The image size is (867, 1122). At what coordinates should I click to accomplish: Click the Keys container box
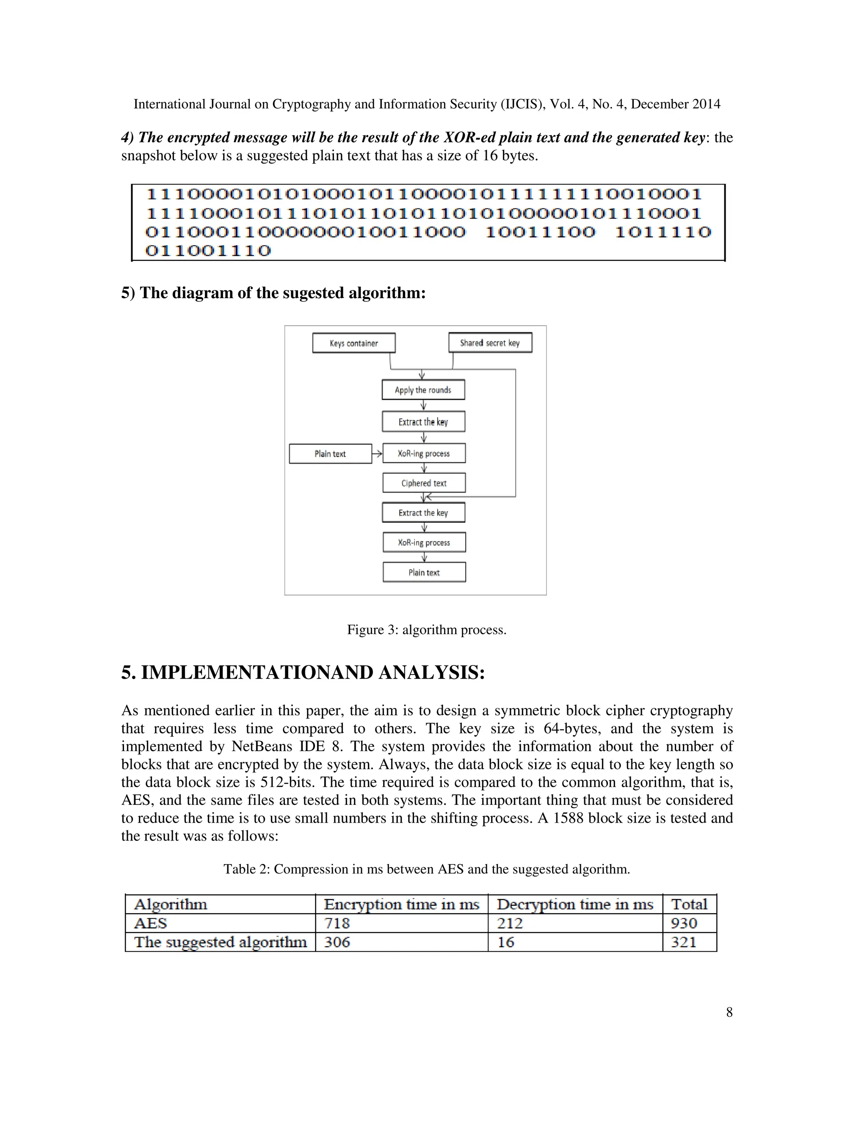pyautogui.click(x=353, y=343)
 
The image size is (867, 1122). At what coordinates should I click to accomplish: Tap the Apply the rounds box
pyautogui.click(x=423, y=390)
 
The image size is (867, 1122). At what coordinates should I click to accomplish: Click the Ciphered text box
pyautogui.click(x=424, y=483)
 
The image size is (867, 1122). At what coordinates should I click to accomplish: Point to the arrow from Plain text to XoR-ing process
pyautogui.click(x=377, y=453)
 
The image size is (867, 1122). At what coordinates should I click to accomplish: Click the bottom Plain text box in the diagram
pyautogui.click(x=424, y=572)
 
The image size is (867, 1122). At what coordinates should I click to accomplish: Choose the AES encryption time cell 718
pyautogui.click(x=337, y=923)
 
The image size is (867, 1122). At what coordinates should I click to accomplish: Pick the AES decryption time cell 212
pyautogui.click(x=510, y=923)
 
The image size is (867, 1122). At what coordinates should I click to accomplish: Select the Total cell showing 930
pyautogui.click(x=684, y=923)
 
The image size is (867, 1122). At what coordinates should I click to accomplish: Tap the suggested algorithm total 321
pyautogui.click(x=684, y=942)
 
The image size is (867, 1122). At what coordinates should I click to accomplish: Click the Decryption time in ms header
pyautogui.click(x=575, y=904)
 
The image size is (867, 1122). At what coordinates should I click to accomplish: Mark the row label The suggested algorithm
pyautogui.click(x=220, y=942)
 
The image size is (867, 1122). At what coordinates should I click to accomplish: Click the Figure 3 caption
pyautogui.click(x=426, y=630)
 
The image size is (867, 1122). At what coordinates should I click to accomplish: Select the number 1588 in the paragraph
pyautogui.click(x=568, y=818)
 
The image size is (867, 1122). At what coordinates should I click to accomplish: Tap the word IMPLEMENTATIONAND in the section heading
pyautogui.click(x=257, y=672)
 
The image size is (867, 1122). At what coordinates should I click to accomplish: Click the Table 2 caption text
pyautogui.click(x=426, y=869)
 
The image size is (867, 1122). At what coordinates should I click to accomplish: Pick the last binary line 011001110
pyautogui.click(x=208, y=251)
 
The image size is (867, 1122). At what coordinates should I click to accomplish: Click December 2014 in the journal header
pyautogui.click(x=675, y=104)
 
